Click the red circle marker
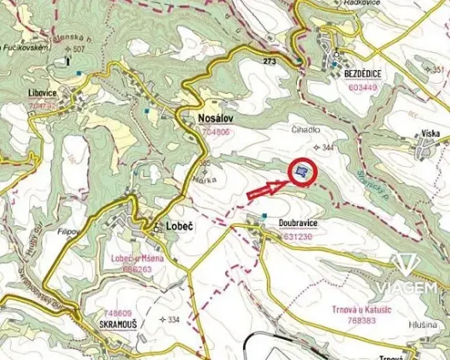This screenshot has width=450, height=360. (x=302, y=172)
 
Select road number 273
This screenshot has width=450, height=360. (x=268, y=60)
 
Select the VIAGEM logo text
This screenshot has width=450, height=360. (x=414, y=288)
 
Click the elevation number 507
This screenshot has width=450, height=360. (x=78, y=49)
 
